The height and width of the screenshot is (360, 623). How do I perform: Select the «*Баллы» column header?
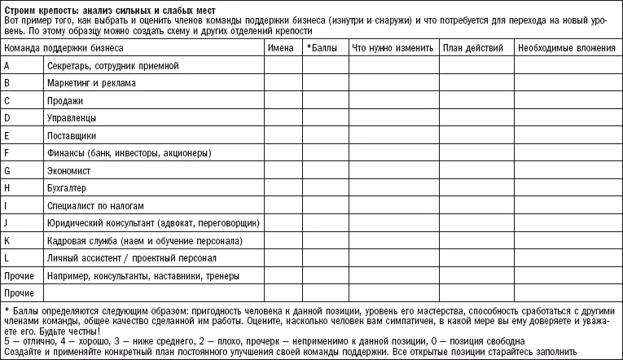(x=324, y=48)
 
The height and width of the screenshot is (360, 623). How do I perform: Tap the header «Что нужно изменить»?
(x=393, y=48)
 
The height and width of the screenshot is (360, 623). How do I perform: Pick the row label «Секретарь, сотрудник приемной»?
(x=112, y=65)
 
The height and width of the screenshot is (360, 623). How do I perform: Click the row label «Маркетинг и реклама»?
(x=91, y=83)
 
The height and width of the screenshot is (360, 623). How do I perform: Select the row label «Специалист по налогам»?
(x=95, y=207)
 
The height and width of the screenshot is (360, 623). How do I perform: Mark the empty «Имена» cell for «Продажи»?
(x=283, y=101)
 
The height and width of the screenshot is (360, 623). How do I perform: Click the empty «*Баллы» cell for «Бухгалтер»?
(x=324, y=189)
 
